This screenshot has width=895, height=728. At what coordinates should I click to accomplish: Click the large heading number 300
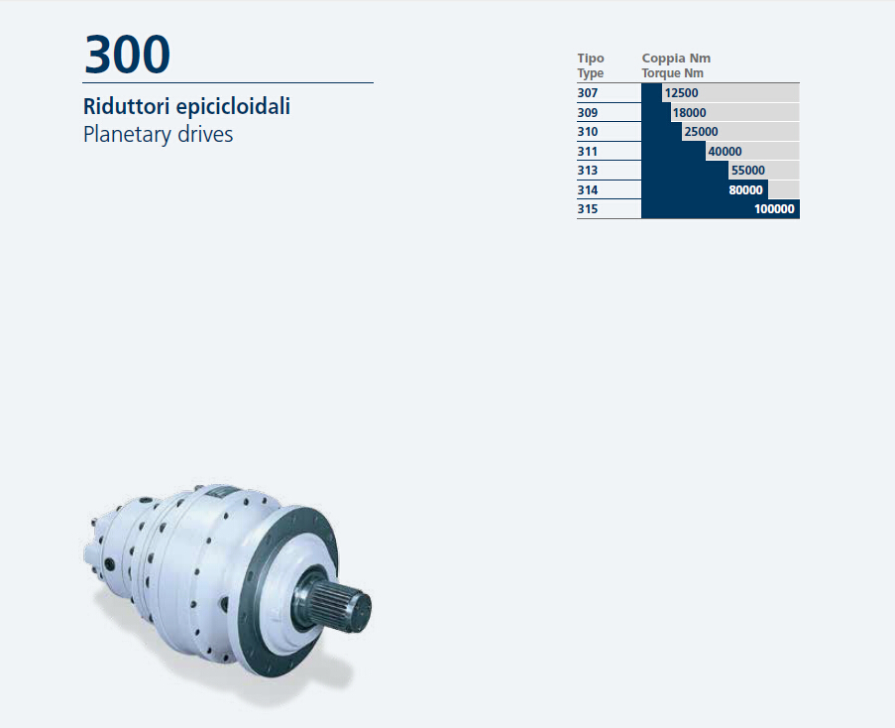(127, 55)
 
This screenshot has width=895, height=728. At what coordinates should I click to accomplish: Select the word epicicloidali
(233, 107)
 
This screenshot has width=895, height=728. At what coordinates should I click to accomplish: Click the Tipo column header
(590, 59)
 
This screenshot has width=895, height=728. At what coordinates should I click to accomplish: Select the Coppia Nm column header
(676, 59)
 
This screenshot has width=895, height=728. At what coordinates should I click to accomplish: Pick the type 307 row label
(588, 93)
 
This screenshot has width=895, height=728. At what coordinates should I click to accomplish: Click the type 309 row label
(588, 112)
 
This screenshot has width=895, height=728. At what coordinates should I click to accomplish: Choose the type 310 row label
(588, 132)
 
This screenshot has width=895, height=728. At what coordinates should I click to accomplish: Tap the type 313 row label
(588, 171)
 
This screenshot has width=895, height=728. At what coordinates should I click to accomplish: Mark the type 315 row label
(588, 209)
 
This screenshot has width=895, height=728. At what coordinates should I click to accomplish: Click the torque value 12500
(681, 93)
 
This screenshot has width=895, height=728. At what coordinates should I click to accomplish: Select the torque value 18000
(689, 112)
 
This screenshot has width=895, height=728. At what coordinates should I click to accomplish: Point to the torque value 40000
(725, 152)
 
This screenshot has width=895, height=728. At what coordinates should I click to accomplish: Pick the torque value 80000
(745, 190)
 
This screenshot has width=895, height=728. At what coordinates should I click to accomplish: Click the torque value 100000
(774, 209)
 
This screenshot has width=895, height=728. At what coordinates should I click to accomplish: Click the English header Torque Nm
(672, 73)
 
